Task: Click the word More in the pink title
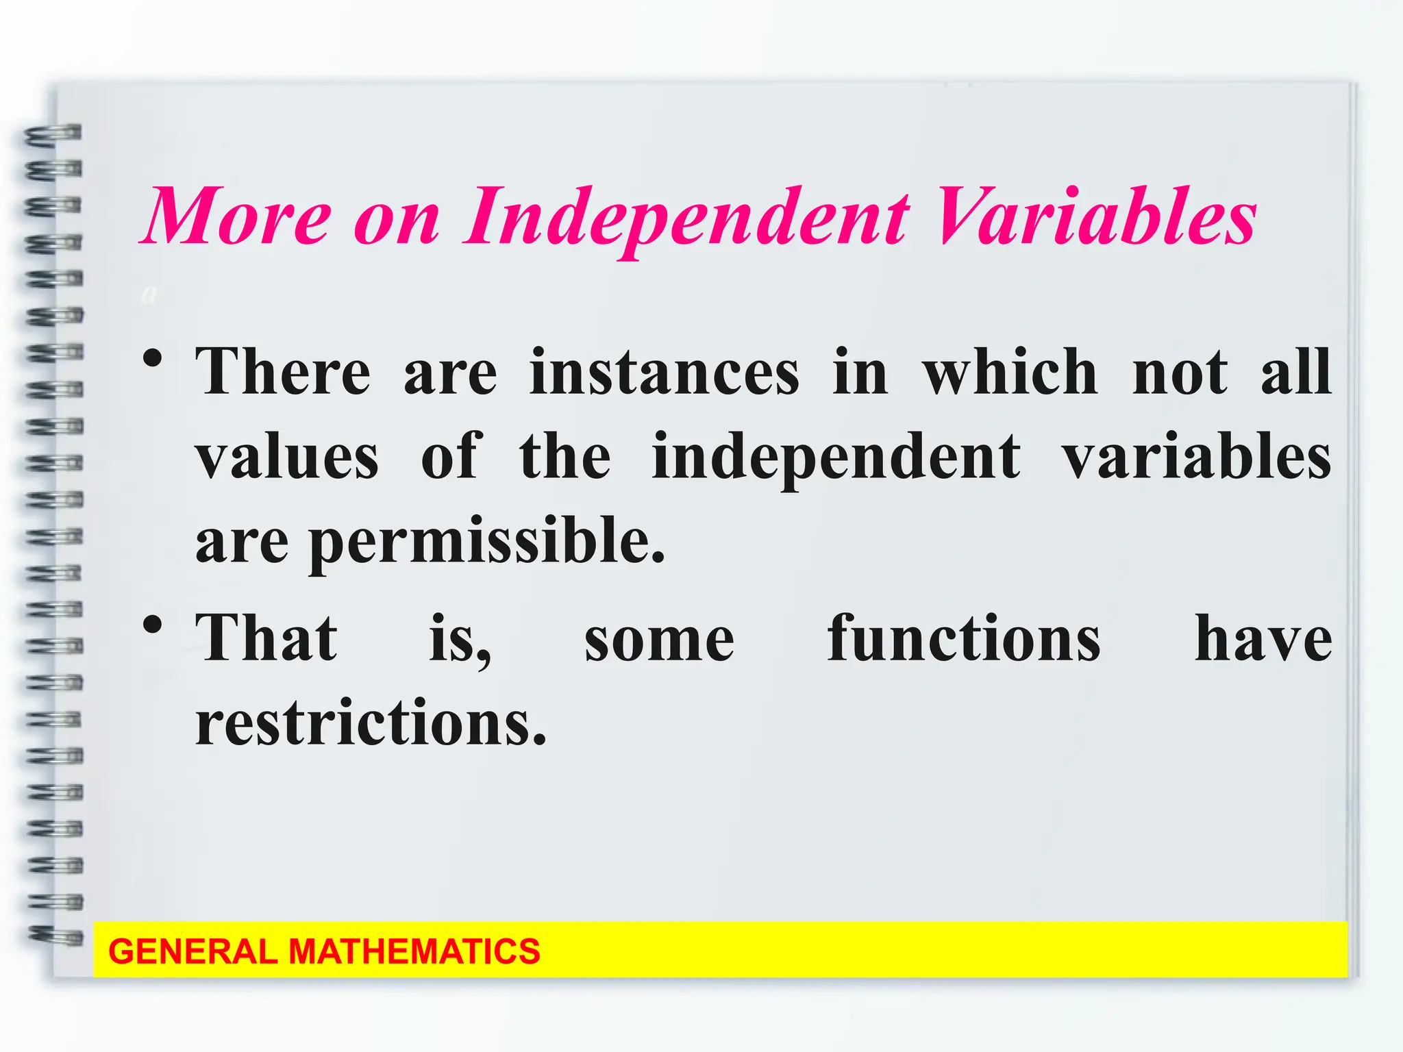click(x=237, y=217)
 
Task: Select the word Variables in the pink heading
click(x=1096, y=217)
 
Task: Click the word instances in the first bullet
click(x=664, y=373)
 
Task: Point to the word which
click(x=1010, y=373)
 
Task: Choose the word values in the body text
click(x=287, y=457)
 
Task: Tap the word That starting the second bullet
click(x=266, y=638)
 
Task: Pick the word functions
click(x=963, y=638)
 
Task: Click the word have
click(x=1263, y=638)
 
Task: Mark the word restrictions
click(x=371, y=723)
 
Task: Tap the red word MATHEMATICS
click(x=414, y=952)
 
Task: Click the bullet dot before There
click(x=153, y=358)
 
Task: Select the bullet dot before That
click(x=153, y=625)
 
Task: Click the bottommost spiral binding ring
click(x=55, y=936)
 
